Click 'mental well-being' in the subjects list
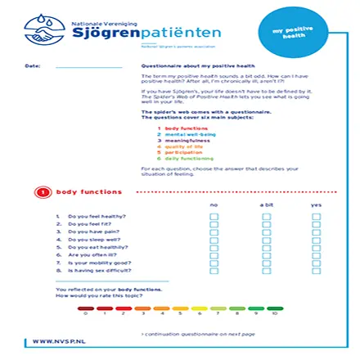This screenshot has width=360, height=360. (x=185, y=134)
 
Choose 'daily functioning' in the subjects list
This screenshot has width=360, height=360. (x=184, y=158)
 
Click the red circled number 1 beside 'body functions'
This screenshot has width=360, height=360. (x=43, y=193)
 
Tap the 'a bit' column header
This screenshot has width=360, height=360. (x=266, y=205)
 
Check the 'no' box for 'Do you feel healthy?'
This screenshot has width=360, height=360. (x=214, y=217)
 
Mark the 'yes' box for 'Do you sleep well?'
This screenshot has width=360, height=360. (x=317, y=239)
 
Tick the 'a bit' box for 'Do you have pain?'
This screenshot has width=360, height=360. (x=266, y=232)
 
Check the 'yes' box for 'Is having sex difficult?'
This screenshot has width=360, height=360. (x=317, y=269)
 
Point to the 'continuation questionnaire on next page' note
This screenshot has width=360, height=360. (x=197, y=333)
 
